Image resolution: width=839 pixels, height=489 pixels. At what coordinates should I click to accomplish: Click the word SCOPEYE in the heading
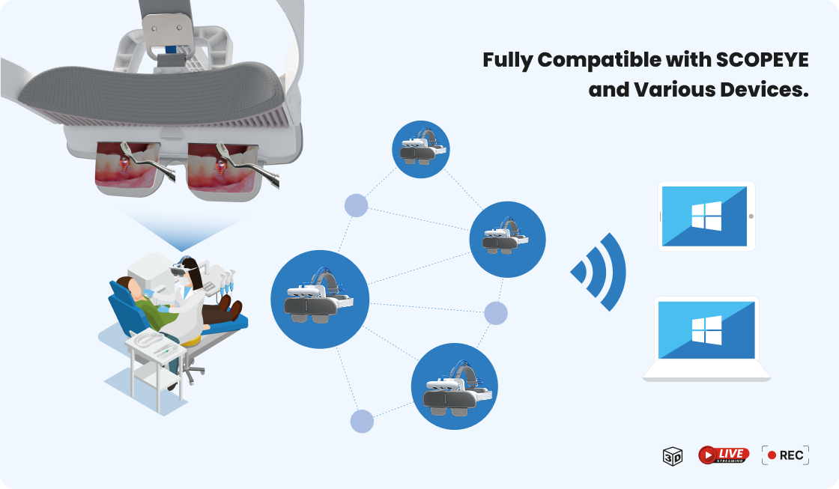(x=762, y=60)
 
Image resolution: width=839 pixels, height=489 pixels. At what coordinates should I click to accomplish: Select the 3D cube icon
(x=673, y=456)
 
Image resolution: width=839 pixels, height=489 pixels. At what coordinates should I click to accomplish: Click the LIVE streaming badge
(x=724, y=455)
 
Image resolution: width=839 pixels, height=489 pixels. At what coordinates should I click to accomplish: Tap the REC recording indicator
(x=785, y=455)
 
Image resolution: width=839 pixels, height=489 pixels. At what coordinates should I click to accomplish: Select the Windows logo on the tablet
(x=706, y=216)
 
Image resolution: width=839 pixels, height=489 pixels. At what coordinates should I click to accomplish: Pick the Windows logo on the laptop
(x=706, y=329)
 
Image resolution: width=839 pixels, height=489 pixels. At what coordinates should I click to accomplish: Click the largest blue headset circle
(x=320, y=299)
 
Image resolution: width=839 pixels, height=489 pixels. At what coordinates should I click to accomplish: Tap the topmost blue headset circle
(x=420, y=149)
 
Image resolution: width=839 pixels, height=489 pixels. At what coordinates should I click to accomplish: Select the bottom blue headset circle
(x=454, y=386)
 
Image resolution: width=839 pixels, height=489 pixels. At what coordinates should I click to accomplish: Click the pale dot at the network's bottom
(x=362, y=422)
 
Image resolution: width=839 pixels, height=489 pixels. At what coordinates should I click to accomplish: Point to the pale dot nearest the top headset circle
(x=356, y=205)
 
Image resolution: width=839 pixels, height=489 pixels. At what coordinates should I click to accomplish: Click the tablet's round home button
(x=751, y=216)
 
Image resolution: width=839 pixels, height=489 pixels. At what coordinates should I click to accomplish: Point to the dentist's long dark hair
(x=195, y=272)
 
